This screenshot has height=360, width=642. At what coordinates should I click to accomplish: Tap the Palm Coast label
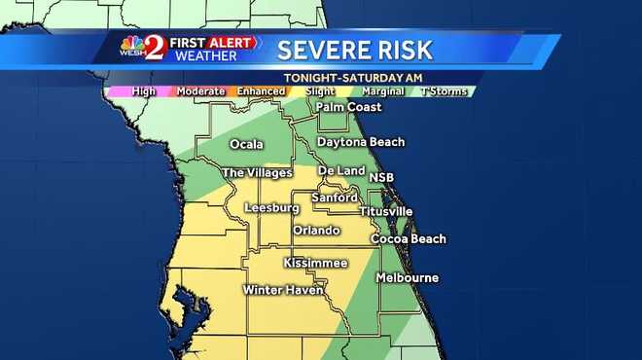pos(347,107)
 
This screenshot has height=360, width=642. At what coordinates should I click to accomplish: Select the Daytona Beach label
pos(361,142)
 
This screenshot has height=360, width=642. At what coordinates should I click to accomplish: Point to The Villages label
pos(257,173)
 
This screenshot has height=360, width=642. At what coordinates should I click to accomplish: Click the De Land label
pos(340,170)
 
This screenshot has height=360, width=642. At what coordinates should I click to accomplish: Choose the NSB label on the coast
pos(381,178)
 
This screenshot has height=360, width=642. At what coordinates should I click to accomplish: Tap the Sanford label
pos(334,198)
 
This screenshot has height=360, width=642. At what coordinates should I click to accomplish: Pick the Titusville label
pos(385,211)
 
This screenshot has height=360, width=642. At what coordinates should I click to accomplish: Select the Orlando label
pos(316,231)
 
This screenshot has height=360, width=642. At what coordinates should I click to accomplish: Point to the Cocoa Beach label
pos(409,239)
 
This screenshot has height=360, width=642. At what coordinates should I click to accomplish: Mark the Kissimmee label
pos(315,264)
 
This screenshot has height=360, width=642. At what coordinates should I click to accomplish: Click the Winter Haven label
pos(283,290)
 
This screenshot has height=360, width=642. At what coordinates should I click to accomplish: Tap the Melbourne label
pos(408,278)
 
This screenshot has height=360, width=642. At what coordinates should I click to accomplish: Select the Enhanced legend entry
pos(260,91)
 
